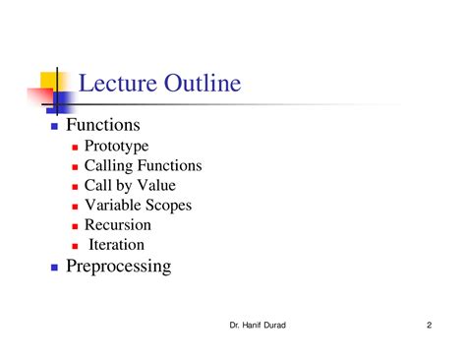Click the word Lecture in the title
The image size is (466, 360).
(115, 83)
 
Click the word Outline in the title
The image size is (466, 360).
(199, 83)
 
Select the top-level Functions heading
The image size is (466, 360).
(103, 125)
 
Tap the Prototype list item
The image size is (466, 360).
(117, 147)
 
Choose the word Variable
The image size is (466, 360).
(115, 206)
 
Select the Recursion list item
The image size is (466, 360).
(118, 225)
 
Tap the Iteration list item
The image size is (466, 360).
(117, 245)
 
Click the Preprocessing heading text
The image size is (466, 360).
(118, 267)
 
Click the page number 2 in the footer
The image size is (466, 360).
(430, 326)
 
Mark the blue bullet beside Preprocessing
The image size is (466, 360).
(55, 268)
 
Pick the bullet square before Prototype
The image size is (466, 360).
(76, 148)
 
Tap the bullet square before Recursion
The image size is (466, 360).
(76, 226)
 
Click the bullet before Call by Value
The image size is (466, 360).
(76, 187)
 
